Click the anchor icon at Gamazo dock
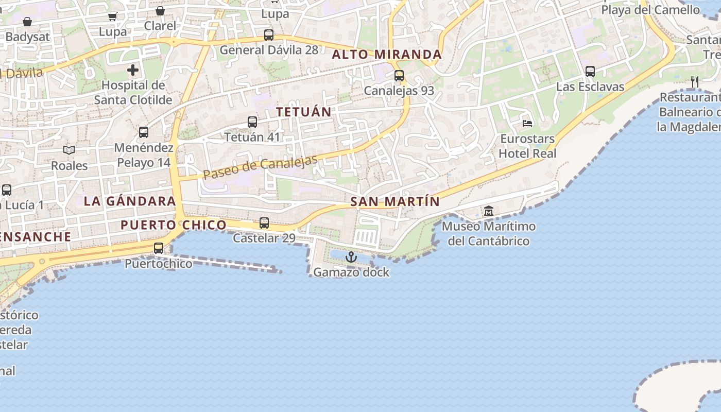[x=351, y=256]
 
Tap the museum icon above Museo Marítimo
[x=489, y=211]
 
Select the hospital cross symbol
[x=133, y=70]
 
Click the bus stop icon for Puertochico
[x=159, y=248]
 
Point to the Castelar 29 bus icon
[x=264, y=223]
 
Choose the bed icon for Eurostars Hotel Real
[x=527, y=123]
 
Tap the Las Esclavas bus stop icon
[x=590, y=72]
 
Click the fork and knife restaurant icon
[x=695, y=81]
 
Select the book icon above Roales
[x=69, y=150]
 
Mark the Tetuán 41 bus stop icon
[x=252, y=122]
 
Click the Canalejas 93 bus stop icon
[x=399, y=76]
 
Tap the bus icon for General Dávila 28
[x=269, y=35]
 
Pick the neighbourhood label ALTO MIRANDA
[x=387, y=55]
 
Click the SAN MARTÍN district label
[x=395, y=202]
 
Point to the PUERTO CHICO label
[x=174, y=225]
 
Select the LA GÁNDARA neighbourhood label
[x=130, y=201]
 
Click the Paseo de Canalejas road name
[x=260, y=167]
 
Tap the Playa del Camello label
[x=650, y=9]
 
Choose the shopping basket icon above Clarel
[x=160, y=11]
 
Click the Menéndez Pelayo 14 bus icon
[x=144, y=132]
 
